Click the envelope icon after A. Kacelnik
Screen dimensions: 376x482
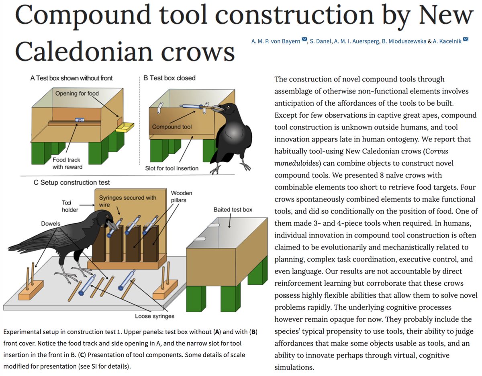[466, 39]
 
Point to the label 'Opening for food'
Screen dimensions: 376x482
[77, 94]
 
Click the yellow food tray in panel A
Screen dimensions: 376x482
[125, 127]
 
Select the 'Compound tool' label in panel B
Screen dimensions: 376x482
[172, 127]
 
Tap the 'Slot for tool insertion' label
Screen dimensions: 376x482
[172, 168]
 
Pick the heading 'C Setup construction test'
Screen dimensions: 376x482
[72, 182]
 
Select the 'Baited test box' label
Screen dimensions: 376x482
[233, 210]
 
